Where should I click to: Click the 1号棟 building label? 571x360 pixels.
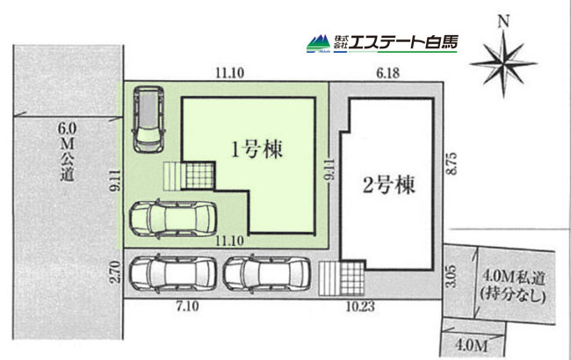(x=257, y=149)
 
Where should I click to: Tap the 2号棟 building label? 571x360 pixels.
(x=389, y=185)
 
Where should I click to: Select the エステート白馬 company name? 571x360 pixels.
(x=403, y=42)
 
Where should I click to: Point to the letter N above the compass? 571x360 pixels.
(x=504, y=22)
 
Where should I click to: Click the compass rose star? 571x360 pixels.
(x=503, y=64)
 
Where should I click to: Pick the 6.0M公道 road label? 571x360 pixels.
(x=67, y=152)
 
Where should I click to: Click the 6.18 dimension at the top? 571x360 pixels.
(x=387, y=73)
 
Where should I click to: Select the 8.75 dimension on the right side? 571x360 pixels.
(x=452, y=163)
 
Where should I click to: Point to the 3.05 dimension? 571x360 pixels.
(x=451, y=276)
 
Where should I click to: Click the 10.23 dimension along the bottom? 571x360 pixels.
(x=360, y=306)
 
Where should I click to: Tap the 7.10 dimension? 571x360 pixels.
(x=187, y=306)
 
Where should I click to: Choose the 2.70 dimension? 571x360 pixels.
(x=115, y=272)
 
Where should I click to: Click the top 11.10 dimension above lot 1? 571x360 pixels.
(x=230, y=73)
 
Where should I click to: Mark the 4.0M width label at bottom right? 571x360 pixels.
(x=471, y=345)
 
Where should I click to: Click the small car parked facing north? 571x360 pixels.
(x=148, y=119)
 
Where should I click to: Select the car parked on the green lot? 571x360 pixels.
(x=173, y=219)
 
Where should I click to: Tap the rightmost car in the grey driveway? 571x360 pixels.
(x=266, y=274)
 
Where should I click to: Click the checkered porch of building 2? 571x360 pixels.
(x=351, y=278)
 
